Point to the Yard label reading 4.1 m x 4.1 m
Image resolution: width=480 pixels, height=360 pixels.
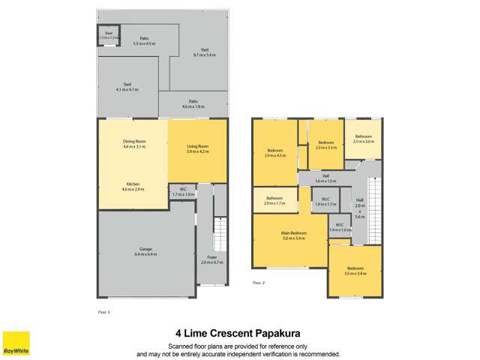coord(128,87)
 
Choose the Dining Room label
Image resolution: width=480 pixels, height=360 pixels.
coord(134,143)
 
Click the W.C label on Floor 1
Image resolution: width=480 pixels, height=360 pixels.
coord(182,191)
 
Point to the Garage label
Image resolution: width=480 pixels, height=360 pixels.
coord(146,252)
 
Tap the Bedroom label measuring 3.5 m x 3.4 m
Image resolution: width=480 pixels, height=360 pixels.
coord(355,271)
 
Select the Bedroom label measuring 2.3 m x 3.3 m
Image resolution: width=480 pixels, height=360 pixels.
coord(325,145)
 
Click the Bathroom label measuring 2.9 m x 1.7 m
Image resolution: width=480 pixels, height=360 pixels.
coord(274,200)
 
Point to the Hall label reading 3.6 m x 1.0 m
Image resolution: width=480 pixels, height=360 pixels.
coord(325,179)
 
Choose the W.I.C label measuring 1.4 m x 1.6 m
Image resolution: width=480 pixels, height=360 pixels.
coord(339,226)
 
